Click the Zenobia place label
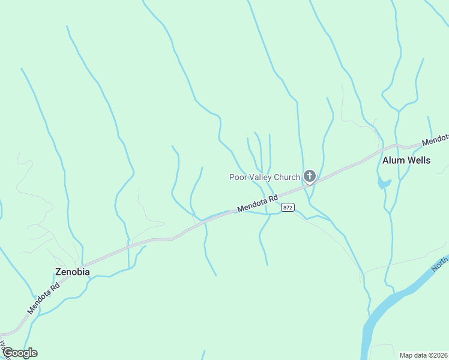click(72, 272)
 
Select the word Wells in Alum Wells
click(419, 160)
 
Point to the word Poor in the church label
click(238, 177)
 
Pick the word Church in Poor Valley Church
click(287, 177)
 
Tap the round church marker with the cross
click(310, 176)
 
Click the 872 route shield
click(288, 208)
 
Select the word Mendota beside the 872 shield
click(252, 205)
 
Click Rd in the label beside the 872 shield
click(273, 197)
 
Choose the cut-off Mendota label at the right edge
click(435, 140)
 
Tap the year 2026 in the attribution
click(440, 355)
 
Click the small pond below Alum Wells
click(383, 184)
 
